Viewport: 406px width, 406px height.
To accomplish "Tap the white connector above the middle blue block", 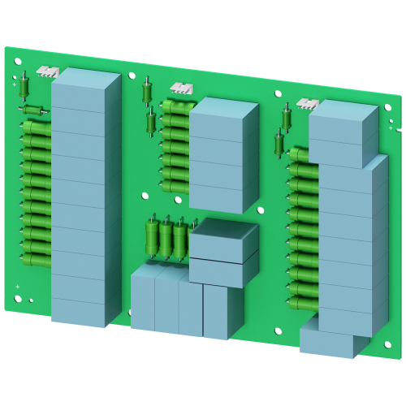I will pyautogui.click(x=181, y=88).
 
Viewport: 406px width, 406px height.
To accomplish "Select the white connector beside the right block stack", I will pyautogui.click(x=309, y=103).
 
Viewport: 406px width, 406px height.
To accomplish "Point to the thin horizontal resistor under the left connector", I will pyautogui.click(x=32, y=110).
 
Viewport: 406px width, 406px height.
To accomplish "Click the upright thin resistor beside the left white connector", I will pyautogui.click(x=25, y=82).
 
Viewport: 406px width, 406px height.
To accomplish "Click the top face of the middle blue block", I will pyautogui.click(x=218, y=108).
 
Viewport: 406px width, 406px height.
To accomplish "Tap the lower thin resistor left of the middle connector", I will pyautogui.click(x=151, y=122).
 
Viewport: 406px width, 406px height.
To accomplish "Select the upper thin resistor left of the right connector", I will pyautogui.click(x=287, y=115).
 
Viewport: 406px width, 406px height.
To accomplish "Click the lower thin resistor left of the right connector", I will pyautogui.click(x=279, y=145).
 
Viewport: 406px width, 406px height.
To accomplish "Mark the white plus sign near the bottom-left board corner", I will pyautogui.click(x=17, y=287).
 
